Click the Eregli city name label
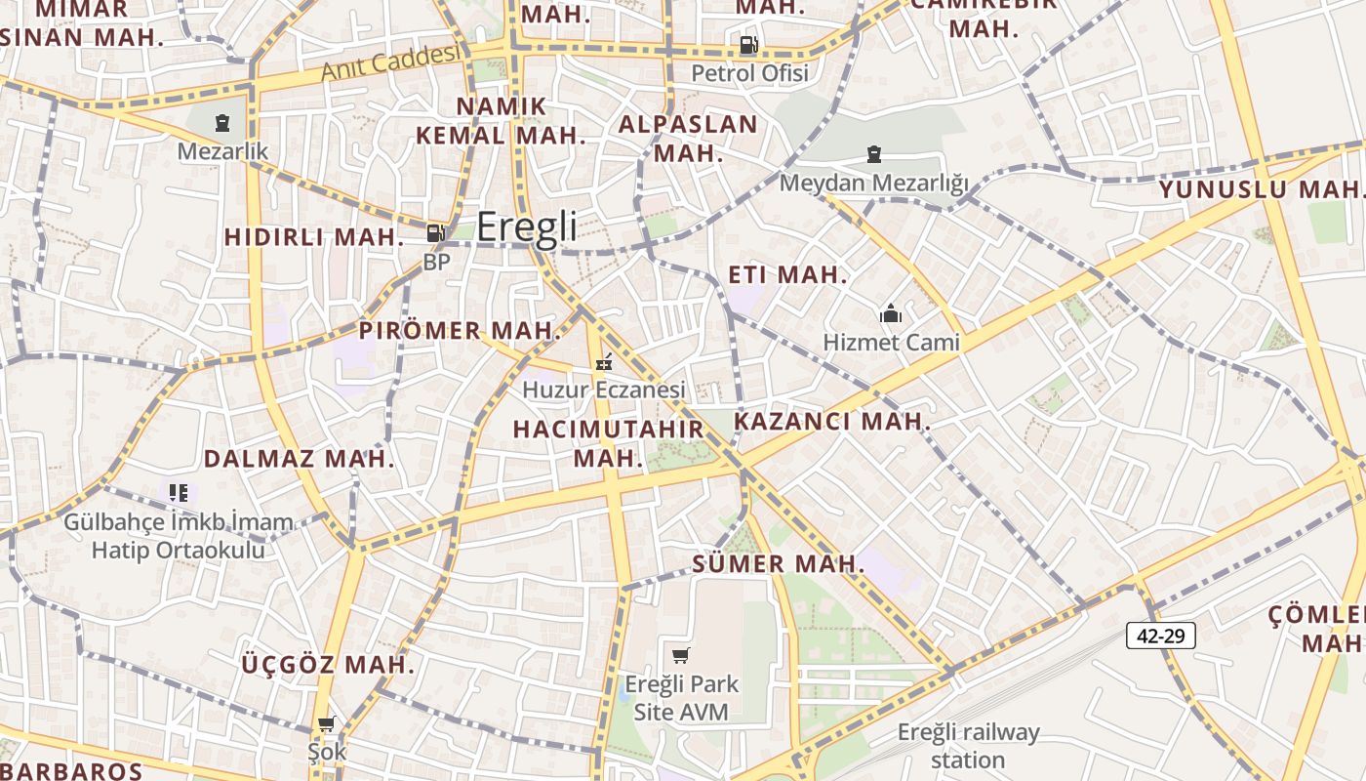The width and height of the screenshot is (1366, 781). click(527, 226)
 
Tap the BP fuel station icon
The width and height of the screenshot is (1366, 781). click(435, 233)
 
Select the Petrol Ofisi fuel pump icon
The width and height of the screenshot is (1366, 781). click(748, 44)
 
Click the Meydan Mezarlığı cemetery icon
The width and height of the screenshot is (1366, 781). click(873, 154)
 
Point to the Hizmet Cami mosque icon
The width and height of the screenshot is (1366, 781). click(890, 313)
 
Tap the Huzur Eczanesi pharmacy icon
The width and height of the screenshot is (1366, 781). click(604, 361)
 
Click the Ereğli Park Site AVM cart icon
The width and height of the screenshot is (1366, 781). click(680, 655)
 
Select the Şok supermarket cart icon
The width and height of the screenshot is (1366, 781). click(327, 724)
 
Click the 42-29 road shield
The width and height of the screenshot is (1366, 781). click(1161, 636)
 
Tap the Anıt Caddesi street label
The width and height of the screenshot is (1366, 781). click(390, 62)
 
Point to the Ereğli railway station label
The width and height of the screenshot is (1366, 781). click(968, 746)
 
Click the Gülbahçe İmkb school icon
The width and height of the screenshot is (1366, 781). click(178, 493)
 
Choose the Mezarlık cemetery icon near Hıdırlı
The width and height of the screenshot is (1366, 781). click(222, 123)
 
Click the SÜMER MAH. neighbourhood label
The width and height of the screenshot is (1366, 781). click(779, 563)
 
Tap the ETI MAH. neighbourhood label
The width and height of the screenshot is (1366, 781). click(788, 275)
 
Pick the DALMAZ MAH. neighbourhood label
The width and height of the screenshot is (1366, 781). click(299, 459)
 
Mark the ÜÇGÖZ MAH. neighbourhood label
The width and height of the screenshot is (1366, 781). click(328, 666)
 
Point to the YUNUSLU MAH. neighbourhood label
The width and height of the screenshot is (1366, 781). click(1259, 188)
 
